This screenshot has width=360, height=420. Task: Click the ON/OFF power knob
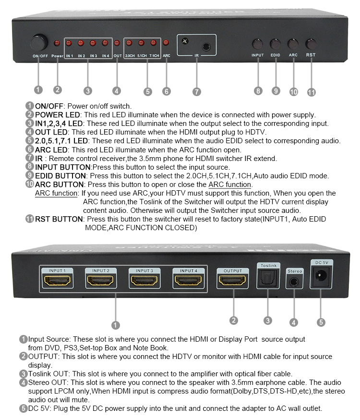tap(39, 43)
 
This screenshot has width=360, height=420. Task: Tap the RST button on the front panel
tap(311, 44)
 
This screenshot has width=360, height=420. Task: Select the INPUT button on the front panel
tap(258, 44)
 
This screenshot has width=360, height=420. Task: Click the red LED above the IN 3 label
tap(93, 43)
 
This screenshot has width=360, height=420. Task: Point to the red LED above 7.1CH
tap(153, 43)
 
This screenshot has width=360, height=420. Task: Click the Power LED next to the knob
tap(57, 43)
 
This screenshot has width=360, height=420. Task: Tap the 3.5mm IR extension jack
tap(206, 47)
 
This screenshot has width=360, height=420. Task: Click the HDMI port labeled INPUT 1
tap(57, 281)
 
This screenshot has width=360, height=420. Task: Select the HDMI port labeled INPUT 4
tap(188, 281)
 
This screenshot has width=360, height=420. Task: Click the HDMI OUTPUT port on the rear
tap(232, 281)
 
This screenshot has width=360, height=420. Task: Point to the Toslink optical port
tap(268, 278)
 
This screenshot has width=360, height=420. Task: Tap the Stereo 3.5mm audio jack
tap(294, 282)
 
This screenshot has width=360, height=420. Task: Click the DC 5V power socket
tap(321, 276)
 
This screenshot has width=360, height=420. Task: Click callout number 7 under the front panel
tap(197, 92)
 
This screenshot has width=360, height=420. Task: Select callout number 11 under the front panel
tap(312, 92)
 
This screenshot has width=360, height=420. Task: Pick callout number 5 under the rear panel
tap(321, 322)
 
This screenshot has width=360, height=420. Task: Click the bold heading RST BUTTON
tap(59, 219)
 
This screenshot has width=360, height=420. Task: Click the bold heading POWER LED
tap(58, 115)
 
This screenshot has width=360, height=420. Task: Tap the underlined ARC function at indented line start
tap(56, 193)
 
